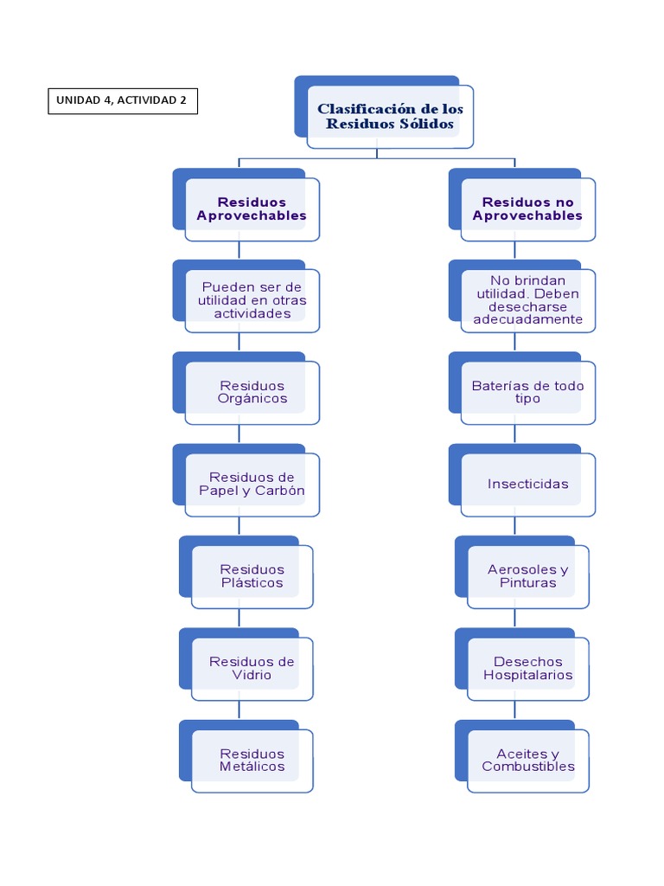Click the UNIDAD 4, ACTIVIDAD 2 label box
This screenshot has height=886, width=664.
tap(122, 100)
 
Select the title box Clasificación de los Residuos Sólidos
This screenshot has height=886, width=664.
tap(389, 116)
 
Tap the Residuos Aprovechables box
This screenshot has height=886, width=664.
tap(252, 209)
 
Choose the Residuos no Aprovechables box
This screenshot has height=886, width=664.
tap(527, 209)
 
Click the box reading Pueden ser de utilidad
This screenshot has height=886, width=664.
tap(252, 300)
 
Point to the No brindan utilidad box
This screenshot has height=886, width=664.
tap(527, 300)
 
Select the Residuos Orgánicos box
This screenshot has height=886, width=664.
tap(252, 392)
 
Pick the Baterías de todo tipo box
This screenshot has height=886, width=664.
tap(527, 392)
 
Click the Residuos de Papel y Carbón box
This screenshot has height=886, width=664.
tap(252, 484)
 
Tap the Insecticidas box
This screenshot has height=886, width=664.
tap(527, 484)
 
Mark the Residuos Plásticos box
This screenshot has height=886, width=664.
tap(252, 576)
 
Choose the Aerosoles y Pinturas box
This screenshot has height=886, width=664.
tap(527, 576)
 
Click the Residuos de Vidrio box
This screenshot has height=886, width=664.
tap(252, 668)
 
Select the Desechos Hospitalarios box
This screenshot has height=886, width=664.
tap(527, 668)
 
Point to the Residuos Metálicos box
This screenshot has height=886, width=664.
tap(252, 760)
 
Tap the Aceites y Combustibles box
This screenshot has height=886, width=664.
tap(527, 760)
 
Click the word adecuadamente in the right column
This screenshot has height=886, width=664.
tap(527, 319)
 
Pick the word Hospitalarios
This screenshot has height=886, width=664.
tap(527, 675)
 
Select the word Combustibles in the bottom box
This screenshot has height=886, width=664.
tap(527, 767)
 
